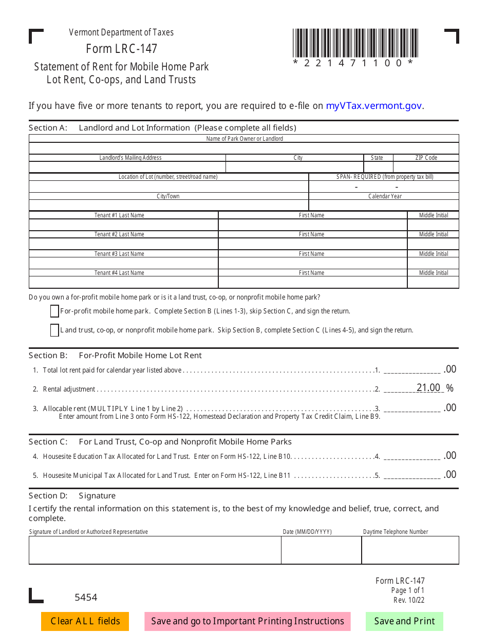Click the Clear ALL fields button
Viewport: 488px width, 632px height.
pyautogui.click(x=85, y=621)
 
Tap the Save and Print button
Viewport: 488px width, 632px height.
pyautogui.click(x=404, y=621)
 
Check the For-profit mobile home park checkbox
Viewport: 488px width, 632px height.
pyautogui.click(x=54, y=311)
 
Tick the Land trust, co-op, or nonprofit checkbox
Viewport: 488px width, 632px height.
pyautogui.click(x=54, y=330)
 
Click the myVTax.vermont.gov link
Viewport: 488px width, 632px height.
pyautogui.click(x=374, y=106)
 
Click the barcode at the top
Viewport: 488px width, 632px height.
pyautogui.click(x=355, y=43)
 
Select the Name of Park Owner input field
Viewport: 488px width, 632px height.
pyautogui.click(x=244, y=148)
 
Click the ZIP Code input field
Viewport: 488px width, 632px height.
pyautogui.click(x=426, y=167)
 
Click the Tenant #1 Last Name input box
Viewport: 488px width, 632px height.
pyautogui.click(x=124, y=225)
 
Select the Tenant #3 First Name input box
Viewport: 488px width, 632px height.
pyautogui.click(x=312, y=264)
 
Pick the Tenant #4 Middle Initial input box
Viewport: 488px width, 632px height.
pyautogui.click(x=433, y=283)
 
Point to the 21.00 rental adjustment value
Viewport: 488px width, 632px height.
pyautogui.click(x=428, y=388)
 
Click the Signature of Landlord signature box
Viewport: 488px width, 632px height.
pyautogui.click(x=155, y=550)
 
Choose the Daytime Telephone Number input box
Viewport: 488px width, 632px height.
pyautogui.click(x=410, y=550)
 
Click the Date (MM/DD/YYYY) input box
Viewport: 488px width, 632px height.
pyautogui.click(x=321, y=550)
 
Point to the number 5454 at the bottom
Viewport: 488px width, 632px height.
pyautogui.click(x=86, y=597)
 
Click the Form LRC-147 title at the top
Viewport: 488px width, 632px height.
pyautogui.click(x=122, y=49)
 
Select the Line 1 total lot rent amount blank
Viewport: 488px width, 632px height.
pyautogui.click(x=412, y=369)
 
